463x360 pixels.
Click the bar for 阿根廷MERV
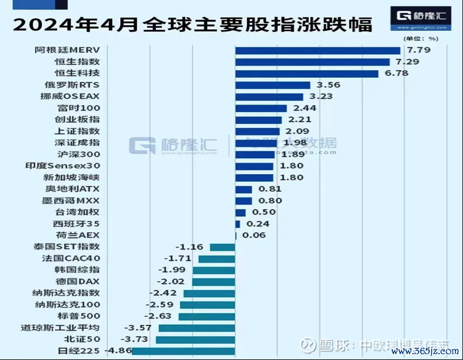point(318,50)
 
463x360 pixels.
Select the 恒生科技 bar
point(307,74)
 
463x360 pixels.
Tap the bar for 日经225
point(183,351)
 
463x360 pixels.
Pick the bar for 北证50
point(195,340)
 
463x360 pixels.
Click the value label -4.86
point(117,351)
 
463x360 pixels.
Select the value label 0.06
point(254,236)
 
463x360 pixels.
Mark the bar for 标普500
point(207,316)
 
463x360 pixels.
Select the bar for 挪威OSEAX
point(269,97)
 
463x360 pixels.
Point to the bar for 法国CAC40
point(217,258)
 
